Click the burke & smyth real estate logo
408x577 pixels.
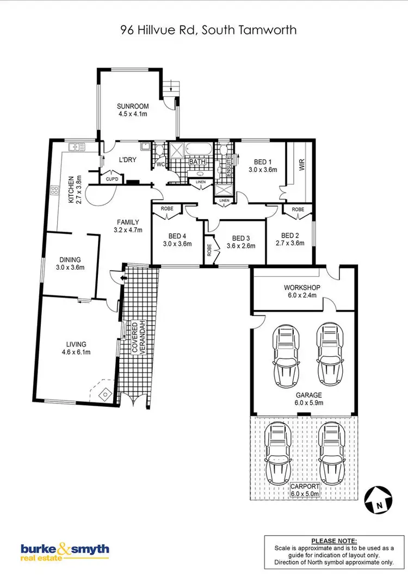coord(65,551)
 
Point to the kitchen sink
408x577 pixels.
coord(75,147)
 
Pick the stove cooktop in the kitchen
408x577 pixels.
coord(54,190)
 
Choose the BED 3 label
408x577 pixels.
coord(240,238)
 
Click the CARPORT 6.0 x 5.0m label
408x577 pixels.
coord(305,489)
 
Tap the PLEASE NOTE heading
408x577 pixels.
coord(333,541)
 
